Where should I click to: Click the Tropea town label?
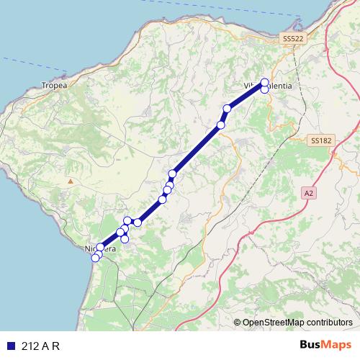pos(55,85)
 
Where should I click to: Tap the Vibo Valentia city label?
pos(269,86)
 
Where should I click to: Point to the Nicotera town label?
pos(100,249)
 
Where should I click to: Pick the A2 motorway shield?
pos(309,193)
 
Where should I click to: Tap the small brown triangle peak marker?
pos(70,181)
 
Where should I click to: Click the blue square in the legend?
pos(10,345)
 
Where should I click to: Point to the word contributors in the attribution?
pos(330,322)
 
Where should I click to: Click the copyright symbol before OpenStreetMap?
pos(238,322)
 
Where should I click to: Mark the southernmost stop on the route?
pos(96,258)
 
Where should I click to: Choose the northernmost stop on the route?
pos(265,82)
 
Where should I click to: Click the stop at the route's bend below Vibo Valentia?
pos(227,109)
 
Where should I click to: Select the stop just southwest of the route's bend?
pos(220,125)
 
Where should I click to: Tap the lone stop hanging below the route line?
pos(125,238)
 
